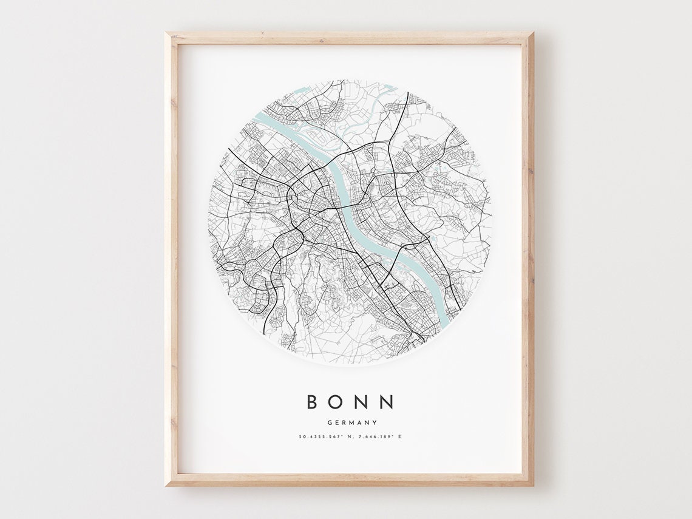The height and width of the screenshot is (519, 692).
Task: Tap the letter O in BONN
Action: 338,402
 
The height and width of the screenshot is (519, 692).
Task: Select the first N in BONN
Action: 363,402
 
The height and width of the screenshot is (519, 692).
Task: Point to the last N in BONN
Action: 387,402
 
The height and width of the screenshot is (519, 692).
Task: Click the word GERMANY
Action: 351,422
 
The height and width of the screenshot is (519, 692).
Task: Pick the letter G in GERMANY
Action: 329,422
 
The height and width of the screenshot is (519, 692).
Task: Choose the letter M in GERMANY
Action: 351,422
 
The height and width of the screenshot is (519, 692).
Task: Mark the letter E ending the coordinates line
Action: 401,436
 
